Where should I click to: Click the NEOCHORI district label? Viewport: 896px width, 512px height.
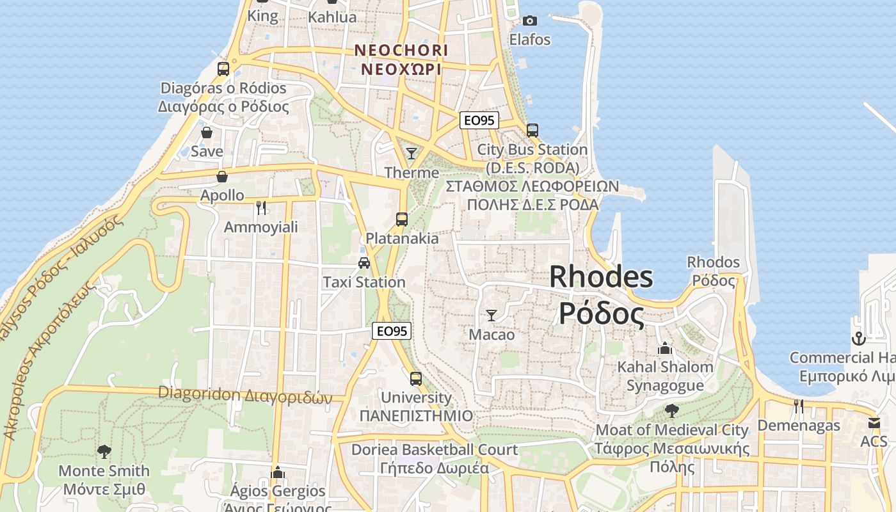pos(401,50)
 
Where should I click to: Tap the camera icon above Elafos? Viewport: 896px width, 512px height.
pos(529,20)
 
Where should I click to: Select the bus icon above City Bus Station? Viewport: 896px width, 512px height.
pos(532,130)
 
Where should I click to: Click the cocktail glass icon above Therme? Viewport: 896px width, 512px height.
pos(412,153)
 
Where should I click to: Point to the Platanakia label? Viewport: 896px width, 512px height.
pos(402,238)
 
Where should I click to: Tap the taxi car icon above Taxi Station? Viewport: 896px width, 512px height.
pos(364,262)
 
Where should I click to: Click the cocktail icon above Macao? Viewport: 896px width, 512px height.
pos(492,315)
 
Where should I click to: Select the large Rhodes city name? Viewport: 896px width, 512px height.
pos(601,277)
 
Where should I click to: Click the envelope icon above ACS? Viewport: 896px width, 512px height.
pos(874,423)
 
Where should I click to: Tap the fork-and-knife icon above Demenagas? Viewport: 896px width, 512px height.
pos(798,406)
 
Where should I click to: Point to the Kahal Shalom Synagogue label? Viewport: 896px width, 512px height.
pos(665,376)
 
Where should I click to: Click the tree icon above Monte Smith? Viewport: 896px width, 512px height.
pos(104,452)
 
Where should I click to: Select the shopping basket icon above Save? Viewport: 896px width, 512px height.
pos(207,132)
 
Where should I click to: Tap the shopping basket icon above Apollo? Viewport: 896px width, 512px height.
pos(222,177)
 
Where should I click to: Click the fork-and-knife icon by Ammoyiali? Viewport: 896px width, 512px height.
pos(260,207)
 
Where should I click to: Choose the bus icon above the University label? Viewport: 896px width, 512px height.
pos(416,378)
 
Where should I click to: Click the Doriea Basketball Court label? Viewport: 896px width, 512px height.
pos(434,450)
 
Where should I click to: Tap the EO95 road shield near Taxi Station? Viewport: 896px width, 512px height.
pos(392,331)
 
